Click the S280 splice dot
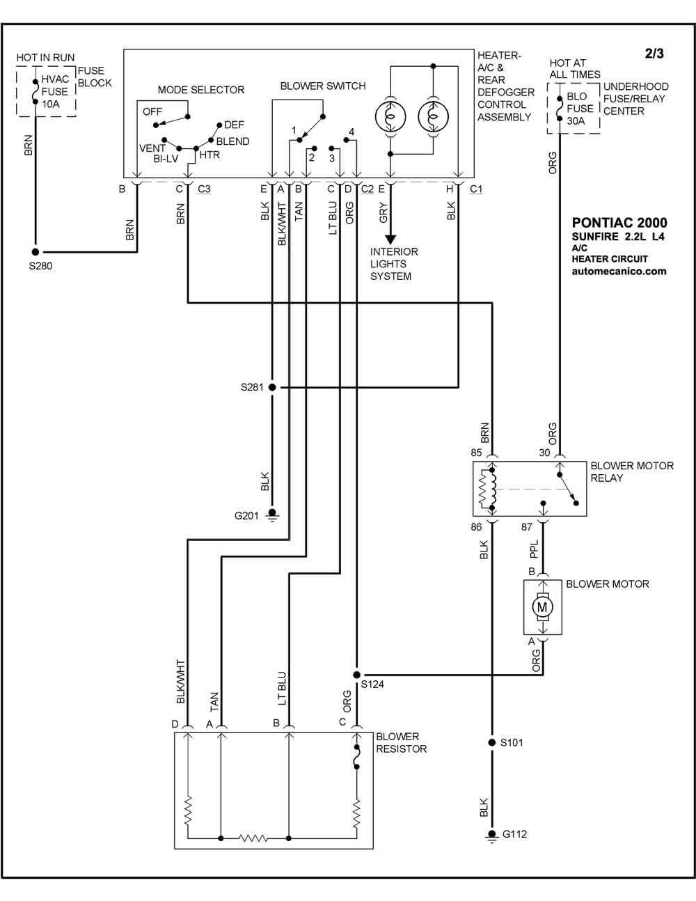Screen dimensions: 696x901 pos(35,251)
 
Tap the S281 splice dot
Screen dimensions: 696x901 pos(272,387)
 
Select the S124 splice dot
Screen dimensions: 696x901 pos(356,675)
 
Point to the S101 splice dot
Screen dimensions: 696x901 pos(492,742)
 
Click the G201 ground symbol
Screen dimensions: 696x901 pos(272,515)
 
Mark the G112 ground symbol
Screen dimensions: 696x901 pos(492,836)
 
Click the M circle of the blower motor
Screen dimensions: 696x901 pos(542,607)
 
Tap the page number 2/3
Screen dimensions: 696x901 pos(654,54)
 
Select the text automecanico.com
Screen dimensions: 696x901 pos(619,272)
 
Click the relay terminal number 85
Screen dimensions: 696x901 pos(477,453)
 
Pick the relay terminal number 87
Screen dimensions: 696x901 pos(527,527)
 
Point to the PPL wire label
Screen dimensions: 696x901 pos(534,549)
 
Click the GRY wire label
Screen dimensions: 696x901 pos(383,212)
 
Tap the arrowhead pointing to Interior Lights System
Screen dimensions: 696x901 pos(390,240)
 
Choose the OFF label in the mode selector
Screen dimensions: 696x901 pos(152,112)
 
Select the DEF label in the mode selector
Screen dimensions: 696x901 pos(234,125)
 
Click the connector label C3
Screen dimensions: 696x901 pos(204,189)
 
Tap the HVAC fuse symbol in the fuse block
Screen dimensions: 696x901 pos(35,92)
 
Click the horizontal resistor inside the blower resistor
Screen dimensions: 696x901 pos(253,838)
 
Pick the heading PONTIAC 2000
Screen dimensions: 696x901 pos(619,223)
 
